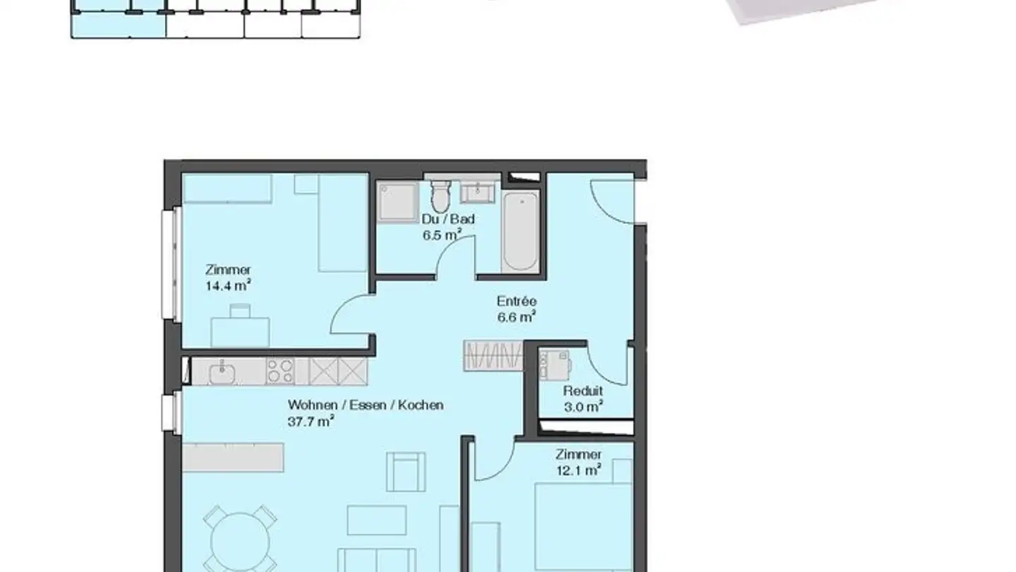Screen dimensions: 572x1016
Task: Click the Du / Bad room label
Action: (x=448, y=219)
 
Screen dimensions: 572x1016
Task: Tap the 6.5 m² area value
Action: (x=442, y=235)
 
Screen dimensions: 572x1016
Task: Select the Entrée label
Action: (x=516, y=302)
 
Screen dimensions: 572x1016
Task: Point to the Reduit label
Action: (x=583, y=391)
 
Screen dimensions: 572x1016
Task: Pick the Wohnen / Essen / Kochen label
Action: (x=365, y=405)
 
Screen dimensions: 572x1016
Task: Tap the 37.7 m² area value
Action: (x=310, y=422)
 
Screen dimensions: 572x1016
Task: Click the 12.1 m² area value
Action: (x=578, y=470)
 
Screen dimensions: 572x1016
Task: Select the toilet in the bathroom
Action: (x=441, y=196)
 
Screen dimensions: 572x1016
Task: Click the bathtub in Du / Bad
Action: (x=521, y=230)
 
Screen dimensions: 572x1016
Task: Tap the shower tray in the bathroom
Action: (x=398, y=201)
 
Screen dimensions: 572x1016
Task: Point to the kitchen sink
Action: (x=222, y=371)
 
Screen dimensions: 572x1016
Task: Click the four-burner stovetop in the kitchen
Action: (x=280, y=371)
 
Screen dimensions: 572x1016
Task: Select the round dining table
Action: (x=240, y=540)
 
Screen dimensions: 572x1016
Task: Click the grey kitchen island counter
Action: (x=234, y=457)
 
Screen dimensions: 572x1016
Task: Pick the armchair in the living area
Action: (x=406, y=472)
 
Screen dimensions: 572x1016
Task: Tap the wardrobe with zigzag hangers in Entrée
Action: (x=494, y=356)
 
